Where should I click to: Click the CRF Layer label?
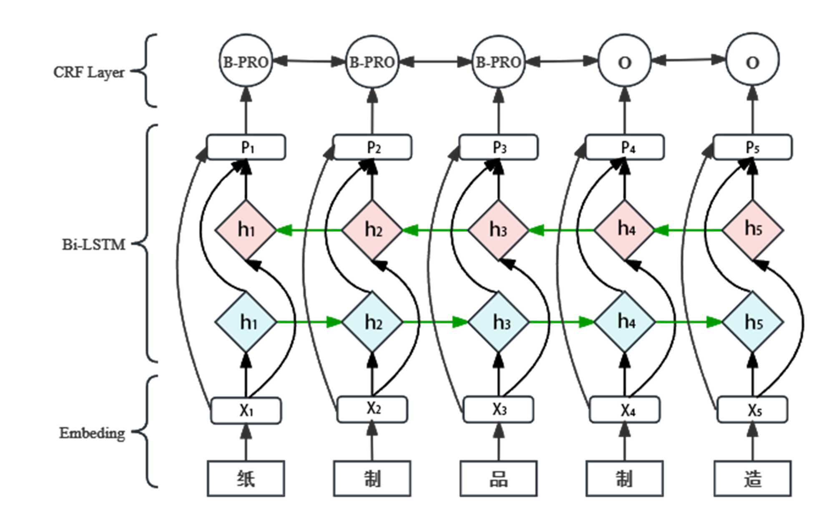[x=89, y=72]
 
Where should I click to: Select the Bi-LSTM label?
[x=94, y=244]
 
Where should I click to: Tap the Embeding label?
[x=92, y=433]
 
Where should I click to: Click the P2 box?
[x=372, y=147]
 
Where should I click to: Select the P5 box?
[x=753, y=147]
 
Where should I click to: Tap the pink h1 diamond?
[x=246, y=230]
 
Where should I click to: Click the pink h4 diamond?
[x=624, y=230]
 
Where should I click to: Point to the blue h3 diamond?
[x=498, y=322]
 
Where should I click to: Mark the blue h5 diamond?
[x=753, y=322]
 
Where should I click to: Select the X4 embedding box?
[x=624, y=410]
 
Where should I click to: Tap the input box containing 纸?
[x=246, y=478]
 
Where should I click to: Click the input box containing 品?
[x=498, y=478]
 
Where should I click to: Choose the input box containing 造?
[x=752, y=478]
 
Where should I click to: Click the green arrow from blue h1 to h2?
[x=309, y=322]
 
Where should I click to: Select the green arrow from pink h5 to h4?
[x=688, y=230]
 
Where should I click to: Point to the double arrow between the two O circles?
[x=688, y=61]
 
